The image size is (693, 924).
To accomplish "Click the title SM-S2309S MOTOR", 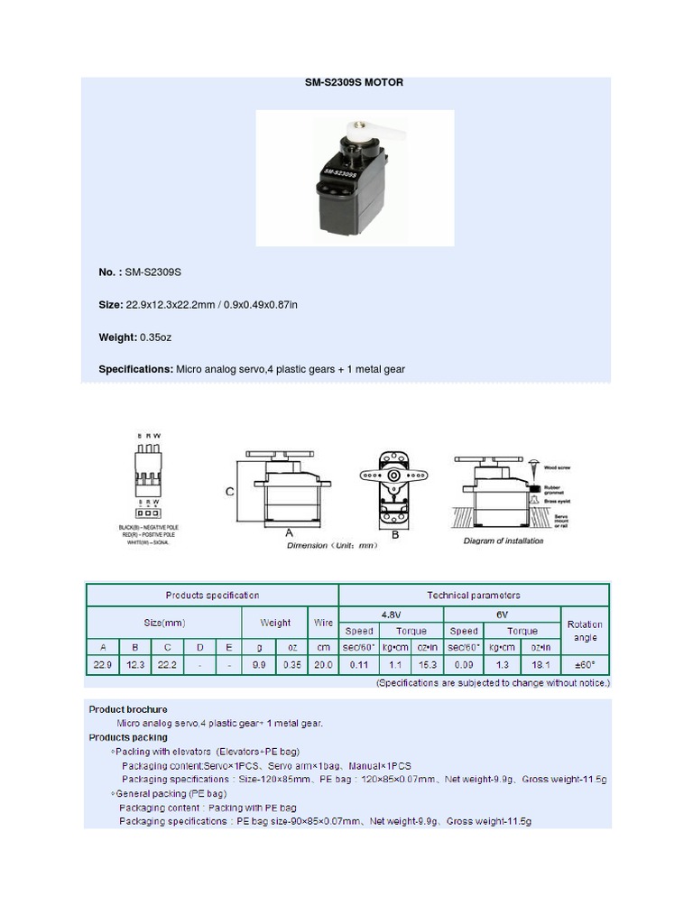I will click(354, 82).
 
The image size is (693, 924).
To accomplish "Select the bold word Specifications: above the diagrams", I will click(135, 369).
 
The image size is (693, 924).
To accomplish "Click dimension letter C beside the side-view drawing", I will click(230, 492).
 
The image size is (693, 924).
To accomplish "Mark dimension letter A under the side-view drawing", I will click(290, 533).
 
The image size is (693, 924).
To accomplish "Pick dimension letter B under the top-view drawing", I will click(394, 534).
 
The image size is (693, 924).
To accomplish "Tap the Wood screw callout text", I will click(557, 468).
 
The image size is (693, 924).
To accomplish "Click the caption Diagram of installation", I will click(504, 541).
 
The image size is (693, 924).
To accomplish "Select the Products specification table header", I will click(212, 596).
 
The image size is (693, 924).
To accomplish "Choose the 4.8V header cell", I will click(391, 614).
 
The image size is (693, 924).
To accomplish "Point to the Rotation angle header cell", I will click(585, 631).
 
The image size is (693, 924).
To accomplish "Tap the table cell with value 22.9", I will click(102, 666).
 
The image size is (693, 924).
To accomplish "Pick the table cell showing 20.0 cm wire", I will click(322, 666).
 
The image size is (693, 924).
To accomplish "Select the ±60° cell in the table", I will click(585, 666).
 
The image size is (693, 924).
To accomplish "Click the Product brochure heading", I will click(127, 709).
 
